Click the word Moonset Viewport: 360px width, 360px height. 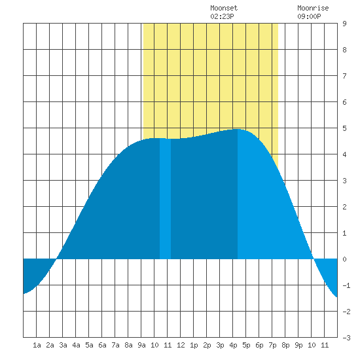pos(224,8)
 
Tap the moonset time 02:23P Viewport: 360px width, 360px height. pos(222,16)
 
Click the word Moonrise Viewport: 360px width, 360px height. pos(313,8)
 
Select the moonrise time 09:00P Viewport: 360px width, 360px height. pos(309,16)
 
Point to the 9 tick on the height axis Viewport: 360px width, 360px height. pos(344,24)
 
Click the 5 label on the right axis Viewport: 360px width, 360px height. pos(344,128)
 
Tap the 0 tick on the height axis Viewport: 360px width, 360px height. pos(344,259)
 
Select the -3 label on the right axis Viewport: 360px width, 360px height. pos(346,338)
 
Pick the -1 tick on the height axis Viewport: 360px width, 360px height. pos(346,285)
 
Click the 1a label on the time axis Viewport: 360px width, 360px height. pos(37,345)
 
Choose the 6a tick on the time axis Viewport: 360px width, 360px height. pos(102,345)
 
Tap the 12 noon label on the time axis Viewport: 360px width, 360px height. pos(181,345)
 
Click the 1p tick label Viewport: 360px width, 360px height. pos(194,345)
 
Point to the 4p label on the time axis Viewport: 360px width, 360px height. pos(233,345)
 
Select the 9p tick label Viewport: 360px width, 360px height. pos(298,345)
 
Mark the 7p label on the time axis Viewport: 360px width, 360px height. pos(272,345)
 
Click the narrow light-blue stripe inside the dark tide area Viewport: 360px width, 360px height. pos(165,198)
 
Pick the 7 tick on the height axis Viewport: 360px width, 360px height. pos(344,76)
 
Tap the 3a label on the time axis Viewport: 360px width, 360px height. pos(63,345)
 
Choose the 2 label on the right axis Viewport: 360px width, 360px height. pos(344,207)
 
